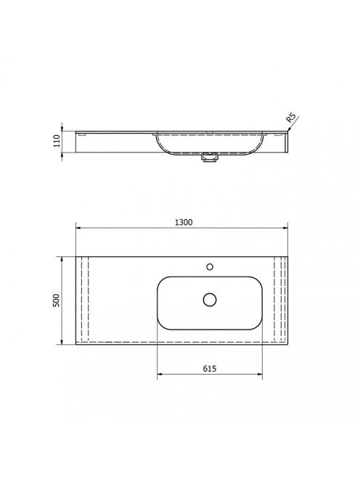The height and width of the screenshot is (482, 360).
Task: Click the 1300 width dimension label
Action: [184, 222]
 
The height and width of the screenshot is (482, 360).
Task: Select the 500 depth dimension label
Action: [57, 301]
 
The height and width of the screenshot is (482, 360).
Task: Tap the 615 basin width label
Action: [210, 368]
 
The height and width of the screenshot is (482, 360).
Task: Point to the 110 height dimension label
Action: [57, 141]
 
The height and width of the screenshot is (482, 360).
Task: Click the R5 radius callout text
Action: [291, 118]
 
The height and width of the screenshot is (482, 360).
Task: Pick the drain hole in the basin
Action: [210, 299]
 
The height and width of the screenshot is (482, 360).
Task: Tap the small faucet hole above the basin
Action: [210, 267]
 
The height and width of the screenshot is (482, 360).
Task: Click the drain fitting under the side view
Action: [210, 158]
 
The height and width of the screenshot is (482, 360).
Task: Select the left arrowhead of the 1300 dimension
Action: [78, 228]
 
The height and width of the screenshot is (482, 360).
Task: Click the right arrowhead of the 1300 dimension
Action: [285, 228]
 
